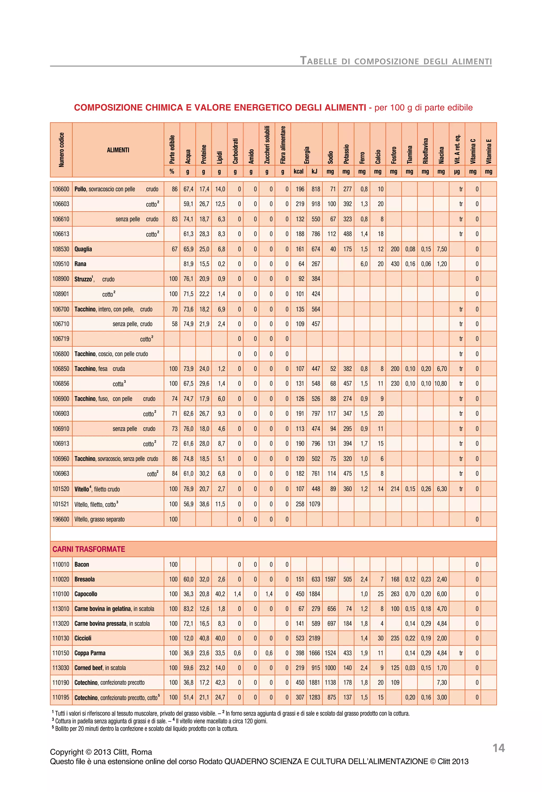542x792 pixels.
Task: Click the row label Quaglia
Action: [x=83, y=249]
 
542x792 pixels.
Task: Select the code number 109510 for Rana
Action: [x=61, y=264]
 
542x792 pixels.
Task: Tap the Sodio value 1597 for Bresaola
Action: [x=330, y=579]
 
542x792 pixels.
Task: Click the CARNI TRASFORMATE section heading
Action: [x=89, y=549]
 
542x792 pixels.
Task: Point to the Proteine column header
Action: [x=204, y=154]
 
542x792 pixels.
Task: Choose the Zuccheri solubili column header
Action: [x=267, y=145]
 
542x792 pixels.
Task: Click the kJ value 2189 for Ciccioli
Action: [x=314, y=638]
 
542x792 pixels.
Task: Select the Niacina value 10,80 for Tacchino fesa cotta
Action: [x=440, y=384]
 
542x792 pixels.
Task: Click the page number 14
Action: [x=498, y=748]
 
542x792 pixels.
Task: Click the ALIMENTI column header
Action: [x=118, y=150]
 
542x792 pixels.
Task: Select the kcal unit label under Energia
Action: [x=298, y=171]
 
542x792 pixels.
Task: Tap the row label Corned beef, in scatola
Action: [x=100, y=668]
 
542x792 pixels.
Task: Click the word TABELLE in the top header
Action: [x=318, y=61]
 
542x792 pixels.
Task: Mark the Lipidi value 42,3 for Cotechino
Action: [x=220, y=683]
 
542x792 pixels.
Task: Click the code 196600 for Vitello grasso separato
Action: [x=61, y=519]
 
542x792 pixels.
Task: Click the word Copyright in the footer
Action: [x=66, y=752]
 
